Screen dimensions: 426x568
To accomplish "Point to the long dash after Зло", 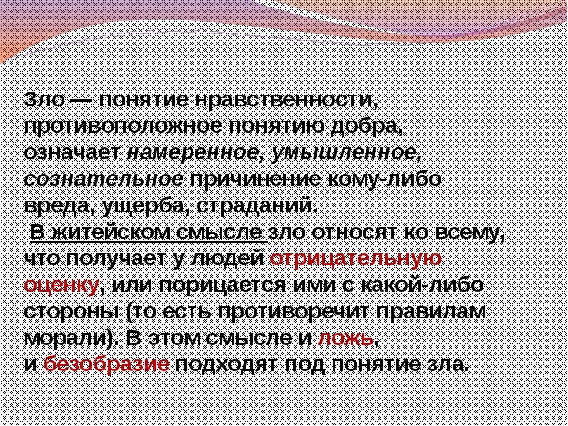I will [x=81, y=101].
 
